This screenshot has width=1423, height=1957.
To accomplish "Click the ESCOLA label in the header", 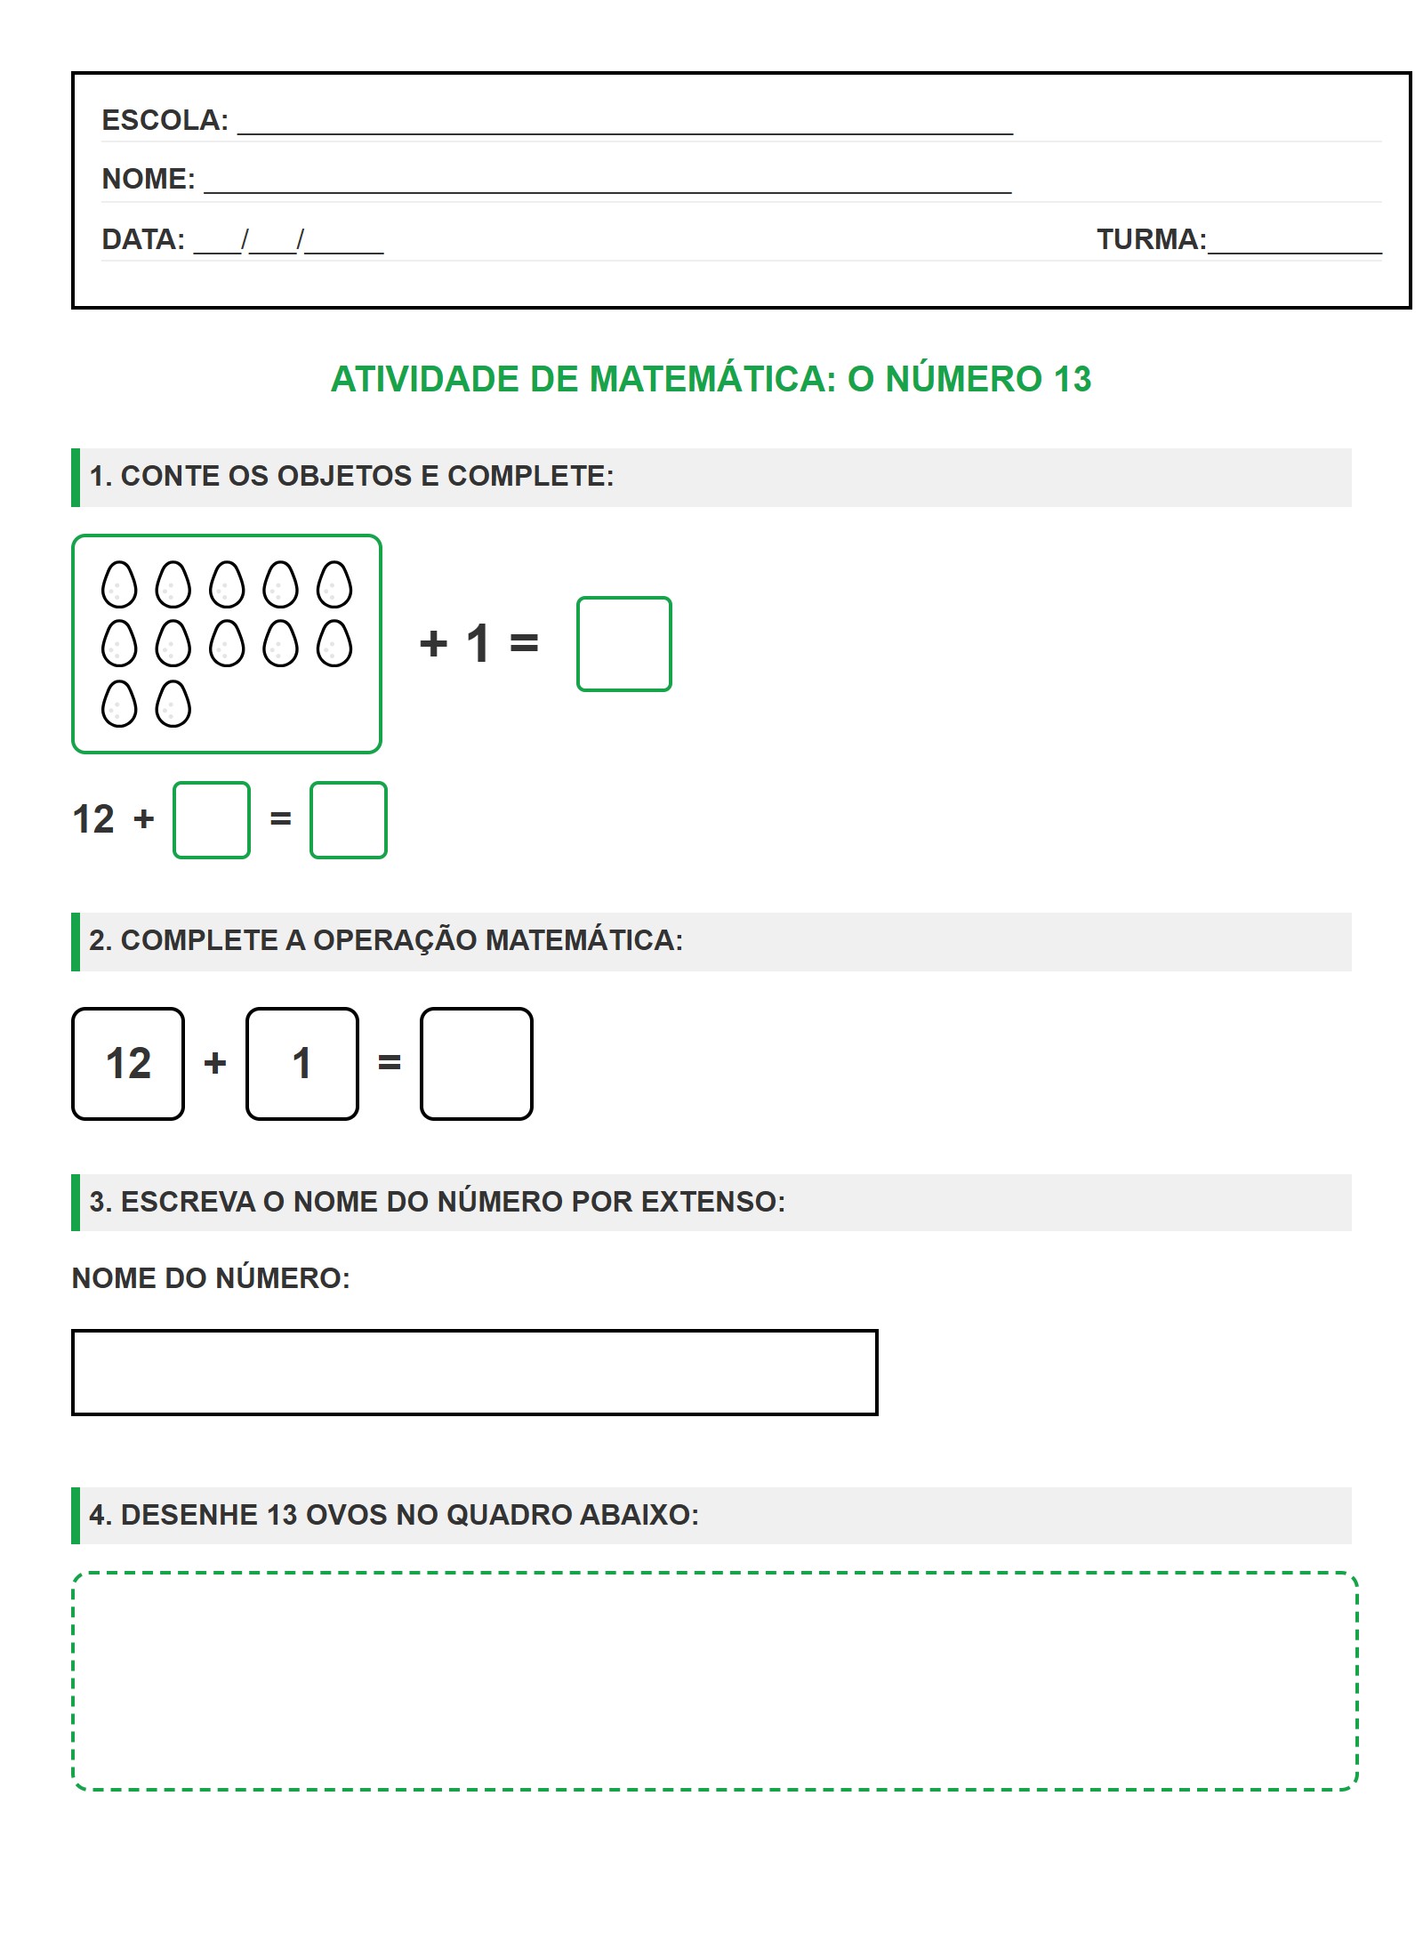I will tap(165, 120).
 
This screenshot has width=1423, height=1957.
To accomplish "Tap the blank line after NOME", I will tap(607, 181).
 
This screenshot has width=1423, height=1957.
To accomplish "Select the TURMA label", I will tap(1151, 239).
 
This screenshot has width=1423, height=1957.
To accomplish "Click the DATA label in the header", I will tap(143, 239).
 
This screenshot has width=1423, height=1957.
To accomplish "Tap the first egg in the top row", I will tap(119, 584).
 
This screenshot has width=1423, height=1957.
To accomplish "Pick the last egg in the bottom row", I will tap(173, 704).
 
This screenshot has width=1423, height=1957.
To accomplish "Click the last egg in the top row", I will tap(334, 584).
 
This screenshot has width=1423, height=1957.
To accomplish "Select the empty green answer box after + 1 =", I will tap(623, 643).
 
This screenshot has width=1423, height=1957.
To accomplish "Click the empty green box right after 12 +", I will tap(212, 819).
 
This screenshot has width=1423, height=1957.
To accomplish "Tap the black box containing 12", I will tap(128, 1063).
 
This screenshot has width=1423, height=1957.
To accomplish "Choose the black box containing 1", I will tap(302, 1063).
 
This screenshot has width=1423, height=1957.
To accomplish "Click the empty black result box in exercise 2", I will tap(477, 1063).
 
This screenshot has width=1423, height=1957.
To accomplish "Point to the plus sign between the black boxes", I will tap(215, 1063).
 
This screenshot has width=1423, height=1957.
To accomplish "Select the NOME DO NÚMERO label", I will tap(211, 1278).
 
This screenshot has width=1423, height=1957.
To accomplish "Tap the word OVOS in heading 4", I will tap(346, 1515).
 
